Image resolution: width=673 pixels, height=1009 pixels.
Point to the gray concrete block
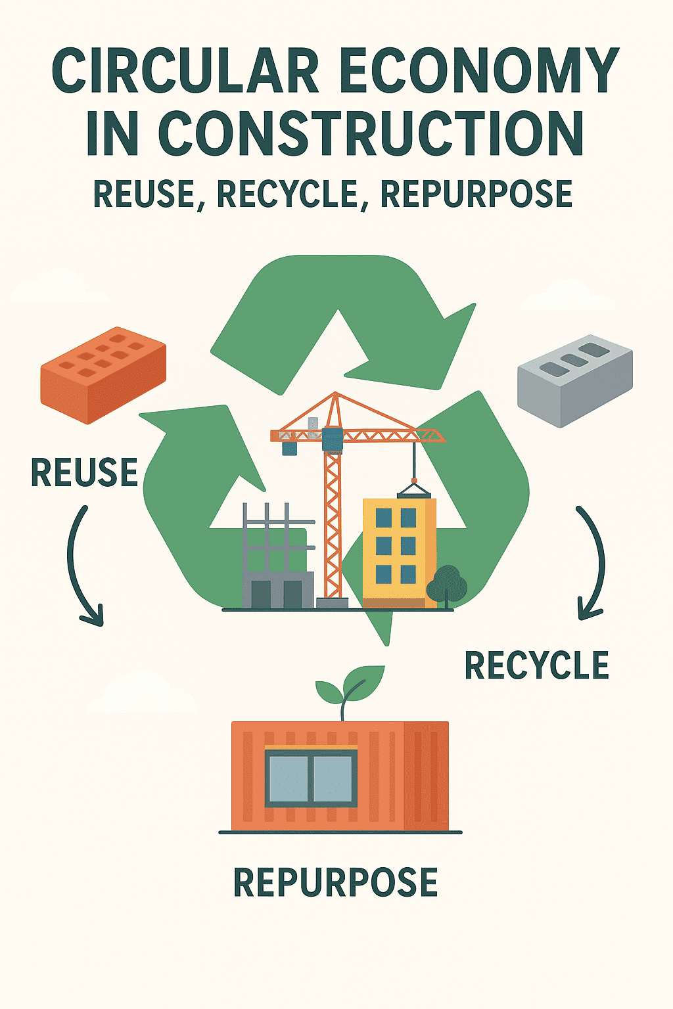coord(574,379)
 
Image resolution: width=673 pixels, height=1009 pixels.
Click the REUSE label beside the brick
coord(85,473)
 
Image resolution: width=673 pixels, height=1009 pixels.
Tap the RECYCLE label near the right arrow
coord(536,665)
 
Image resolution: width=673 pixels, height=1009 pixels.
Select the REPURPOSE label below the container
coord(335,882)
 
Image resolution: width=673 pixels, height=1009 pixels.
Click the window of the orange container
coord(311,778)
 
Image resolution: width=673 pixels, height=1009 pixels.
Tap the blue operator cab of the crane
coord(333,439)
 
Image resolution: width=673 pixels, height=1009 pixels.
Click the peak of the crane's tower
coord(336,395)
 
